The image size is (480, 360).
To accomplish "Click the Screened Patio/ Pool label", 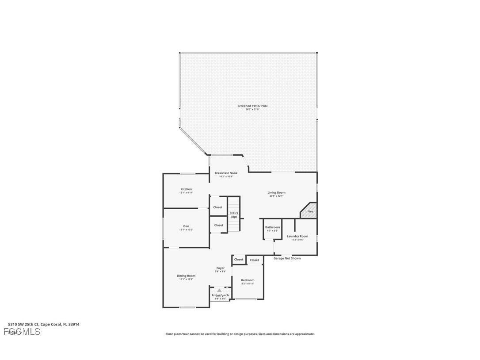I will coord(252,106).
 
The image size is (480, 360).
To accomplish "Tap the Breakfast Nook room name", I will coord(226,173).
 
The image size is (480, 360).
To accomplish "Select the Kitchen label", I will coord(186,189).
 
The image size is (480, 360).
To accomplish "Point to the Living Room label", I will coord(276,192).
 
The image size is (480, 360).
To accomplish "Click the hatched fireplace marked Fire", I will coord(310,210).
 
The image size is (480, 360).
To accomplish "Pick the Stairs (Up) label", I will coord(233,215).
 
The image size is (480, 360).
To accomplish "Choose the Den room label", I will coord(186,226).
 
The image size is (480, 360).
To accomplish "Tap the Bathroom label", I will coord(272,227).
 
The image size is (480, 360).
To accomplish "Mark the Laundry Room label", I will coord(297,236).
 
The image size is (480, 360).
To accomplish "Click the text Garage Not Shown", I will coord(287,258).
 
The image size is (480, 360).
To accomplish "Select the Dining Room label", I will coord(186,276).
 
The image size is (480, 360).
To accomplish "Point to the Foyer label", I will coord(220,268).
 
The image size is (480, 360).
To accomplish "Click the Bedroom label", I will coord(248,280).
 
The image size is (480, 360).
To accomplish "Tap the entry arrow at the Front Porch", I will coord(219,291).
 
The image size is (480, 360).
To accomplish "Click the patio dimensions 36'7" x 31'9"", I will coord(252,109).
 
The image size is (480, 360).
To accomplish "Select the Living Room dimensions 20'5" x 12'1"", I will coord(276,196).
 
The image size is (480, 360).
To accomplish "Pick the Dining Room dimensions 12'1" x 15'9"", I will coord(186,279).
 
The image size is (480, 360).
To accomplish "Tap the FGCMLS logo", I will coord(22,332).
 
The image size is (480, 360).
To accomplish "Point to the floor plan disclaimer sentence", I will coord(240,334).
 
